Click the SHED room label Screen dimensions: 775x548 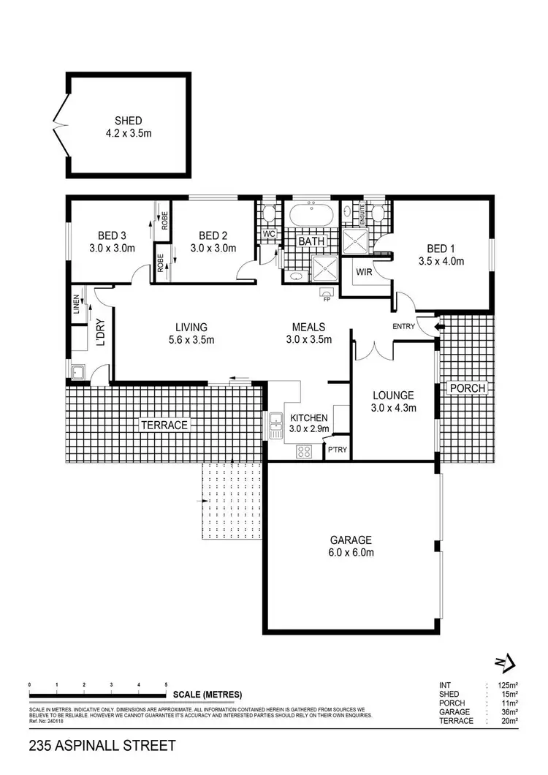point(127,121)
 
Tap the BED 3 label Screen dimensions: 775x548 point(113,235)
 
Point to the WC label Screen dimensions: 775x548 point(268,234)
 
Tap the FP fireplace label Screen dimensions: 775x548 point(326,298)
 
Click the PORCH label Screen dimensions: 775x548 point(468,387)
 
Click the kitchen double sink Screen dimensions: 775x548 point(276,426)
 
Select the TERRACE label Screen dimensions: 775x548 point(164,424)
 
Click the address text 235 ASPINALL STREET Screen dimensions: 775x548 point(102,746)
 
